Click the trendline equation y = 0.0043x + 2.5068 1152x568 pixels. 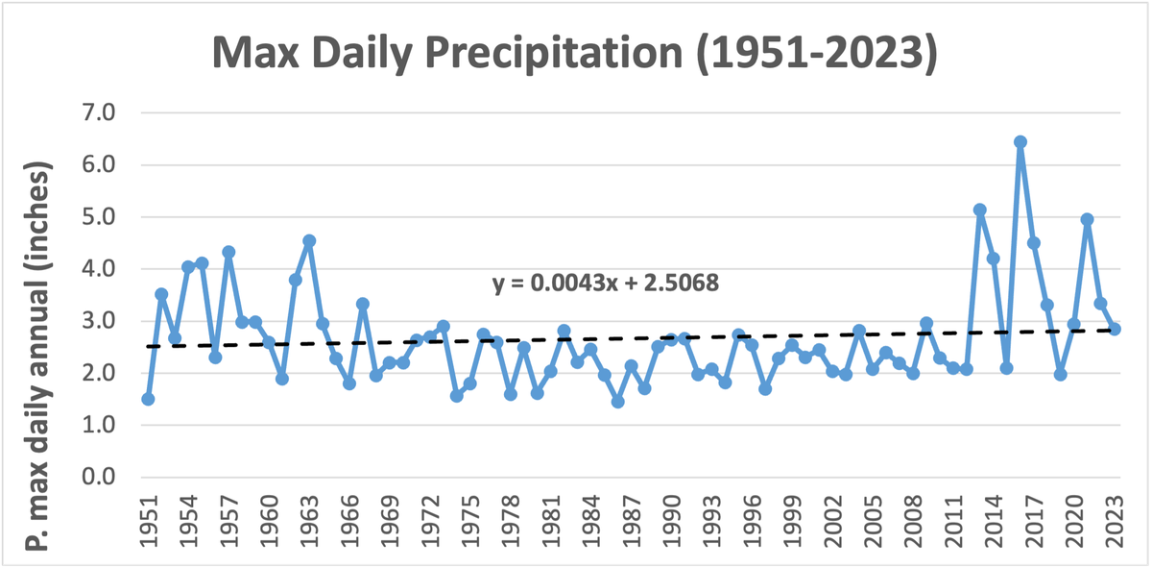(605, 284)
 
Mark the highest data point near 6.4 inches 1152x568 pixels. (1020, 142)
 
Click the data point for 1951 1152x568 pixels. (148, 399)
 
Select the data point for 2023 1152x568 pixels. (1115, 329)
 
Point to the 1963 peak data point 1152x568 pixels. (309, 241)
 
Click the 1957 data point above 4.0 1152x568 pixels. (228, 252)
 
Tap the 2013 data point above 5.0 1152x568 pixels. (980, 210)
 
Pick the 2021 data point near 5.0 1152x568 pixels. (1088, 219)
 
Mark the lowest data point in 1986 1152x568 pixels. (617, 402)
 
